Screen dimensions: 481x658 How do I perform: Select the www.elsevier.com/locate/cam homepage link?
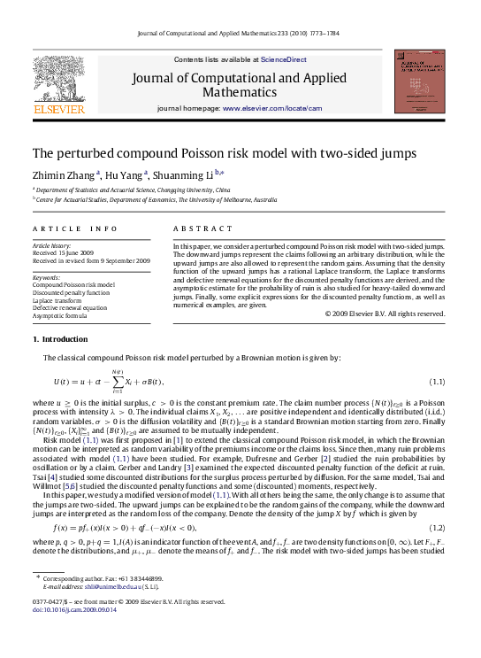(285, 108)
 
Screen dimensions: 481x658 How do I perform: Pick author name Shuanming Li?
(194, 175)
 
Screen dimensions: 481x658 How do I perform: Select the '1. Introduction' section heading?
(60, 339)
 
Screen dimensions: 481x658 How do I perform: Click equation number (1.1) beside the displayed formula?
(436, 381)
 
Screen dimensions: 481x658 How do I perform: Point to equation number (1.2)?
(436, 528)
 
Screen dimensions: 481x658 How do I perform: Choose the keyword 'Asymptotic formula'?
(60, 315)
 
